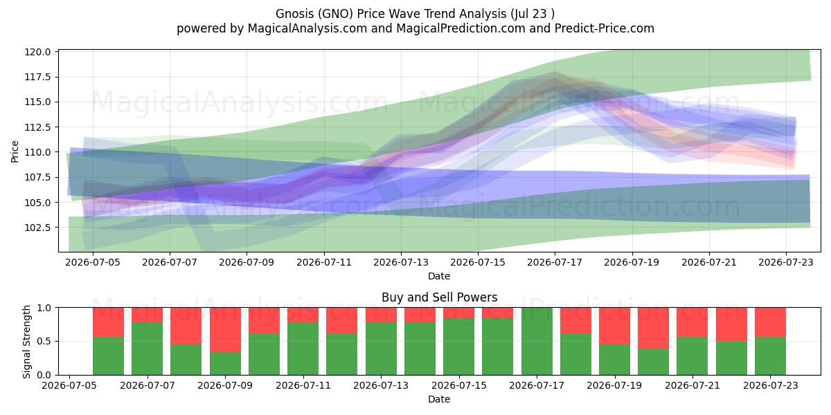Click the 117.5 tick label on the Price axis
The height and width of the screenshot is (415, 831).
tap(37, 77)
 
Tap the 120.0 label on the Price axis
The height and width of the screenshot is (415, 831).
tap(37, 52)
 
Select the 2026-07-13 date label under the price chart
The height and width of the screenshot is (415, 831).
tap(401, 262)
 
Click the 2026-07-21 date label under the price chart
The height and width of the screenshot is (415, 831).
tap(709, 262)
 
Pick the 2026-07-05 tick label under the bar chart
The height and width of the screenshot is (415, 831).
tap(69, 385)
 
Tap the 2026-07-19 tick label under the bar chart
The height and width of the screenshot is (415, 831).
tap(614, 385)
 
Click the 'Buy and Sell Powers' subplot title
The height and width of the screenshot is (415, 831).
tap(439, 297)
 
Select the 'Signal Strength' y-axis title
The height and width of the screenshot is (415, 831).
tap(26, 342)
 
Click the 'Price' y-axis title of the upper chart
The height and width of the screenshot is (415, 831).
tap(15, 151)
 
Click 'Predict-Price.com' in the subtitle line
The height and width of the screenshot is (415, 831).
tap(605, 28)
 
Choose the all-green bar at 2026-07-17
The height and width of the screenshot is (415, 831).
tap(537, 341)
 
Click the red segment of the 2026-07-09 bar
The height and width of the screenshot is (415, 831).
tap(225, 329)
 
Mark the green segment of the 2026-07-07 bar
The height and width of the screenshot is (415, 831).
tap(148, 349)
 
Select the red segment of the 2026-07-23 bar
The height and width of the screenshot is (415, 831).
tap(770, 322)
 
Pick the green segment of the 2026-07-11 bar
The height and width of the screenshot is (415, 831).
tap(303, 349)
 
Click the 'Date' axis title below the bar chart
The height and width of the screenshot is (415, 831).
tap(439, 399)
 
